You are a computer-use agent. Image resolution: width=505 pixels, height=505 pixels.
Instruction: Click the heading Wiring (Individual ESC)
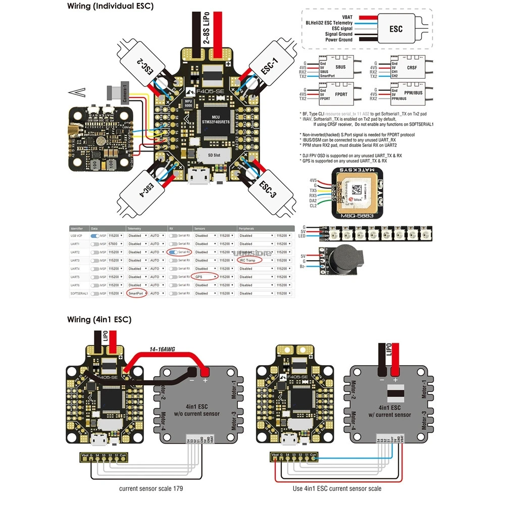coord(111,7)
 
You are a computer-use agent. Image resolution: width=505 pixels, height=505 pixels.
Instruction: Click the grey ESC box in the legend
coord(396,29)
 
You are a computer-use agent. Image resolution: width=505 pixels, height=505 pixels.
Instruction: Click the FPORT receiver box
coord(333,94)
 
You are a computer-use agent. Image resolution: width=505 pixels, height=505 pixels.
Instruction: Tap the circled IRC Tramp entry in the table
coord(248,260)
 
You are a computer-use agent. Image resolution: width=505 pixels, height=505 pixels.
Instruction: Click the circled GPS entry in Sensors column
coord(204,277)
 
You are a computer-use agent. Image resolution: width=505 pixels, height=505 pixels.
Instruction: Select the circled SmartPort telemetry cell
coord(136,293)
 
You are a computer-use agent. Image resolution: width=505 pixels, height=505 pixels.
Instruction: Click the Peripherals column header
coord(246,228)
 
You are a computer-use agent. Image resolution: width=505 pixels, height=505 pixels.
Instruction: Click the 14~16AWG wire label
coord(161,349)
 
